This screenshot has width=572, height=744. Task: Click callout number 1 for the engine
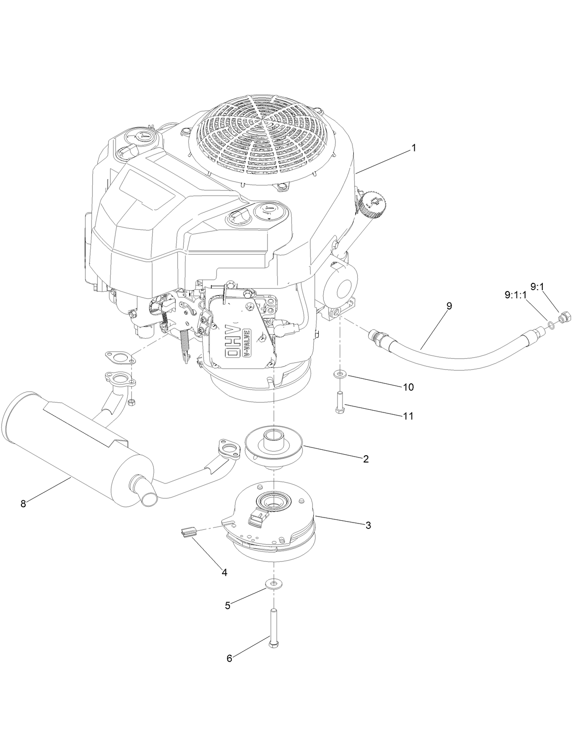(x=413, y=148)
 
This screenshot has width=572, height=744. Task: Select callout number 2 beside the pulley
(x=365, y=459)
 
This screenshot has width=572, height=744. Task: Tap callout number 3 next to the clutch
(x=368, y=525)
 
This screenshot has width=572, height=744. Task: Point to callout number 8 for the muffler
(x=23, y=503)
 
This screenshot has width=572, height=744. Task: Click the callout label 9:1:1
(x=515, y=295)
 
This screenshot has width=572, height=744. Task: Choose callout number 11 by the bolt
(x=408, y=416)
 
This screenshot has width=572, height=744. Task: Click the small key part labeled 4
(x=188, y=531)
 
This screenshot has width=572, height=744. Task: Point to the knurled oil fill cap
(x=372, y=206)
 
